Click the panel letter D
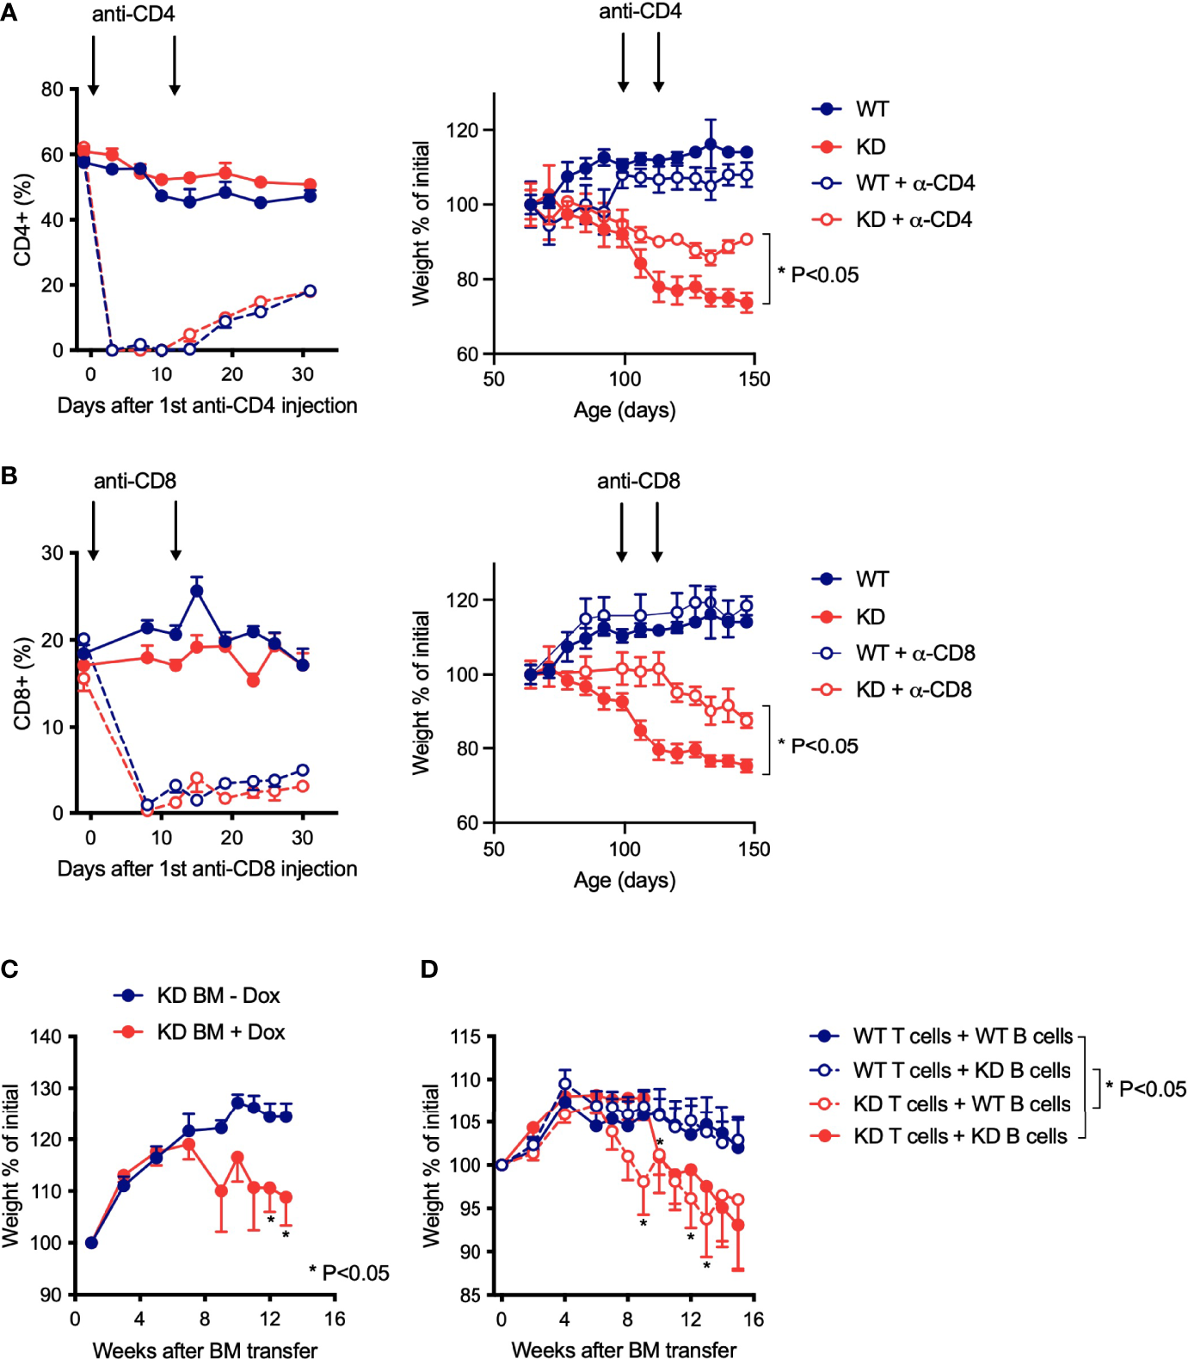429,969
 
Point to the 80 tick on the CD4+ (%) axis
52,89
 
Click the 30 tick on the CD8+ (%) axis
52,553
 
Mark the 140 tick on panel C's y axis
46,1037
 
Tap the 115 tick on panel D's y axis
465,1037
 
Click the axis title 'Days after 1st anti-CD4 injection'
207,406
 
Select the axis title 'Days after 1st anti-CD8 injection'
207,869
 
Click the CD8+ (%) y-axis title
22,683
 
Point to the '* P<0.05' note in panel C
349,1273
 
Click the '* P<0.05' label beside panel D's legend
1146,1089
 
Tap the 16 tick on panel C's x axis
335,1319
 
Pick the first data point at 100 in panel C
91,1243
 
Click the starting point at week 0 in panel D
502,1165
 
